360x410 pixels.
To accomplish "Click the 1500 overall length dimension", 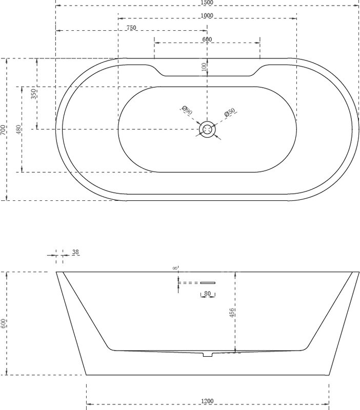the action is (x=207, y=3).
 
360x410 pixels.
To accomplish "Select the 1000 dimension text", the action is (x=207, y=16).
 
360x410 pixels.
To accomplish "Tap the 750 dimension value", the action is (x=131, y=28).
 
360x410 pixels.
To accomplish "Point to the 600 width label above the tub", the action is (x=207, y=39).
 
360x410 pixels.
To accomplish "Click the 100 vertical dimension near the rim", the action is (x=204, y=67).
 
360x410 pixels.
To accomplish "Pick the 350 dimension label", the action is (x=33, y=94).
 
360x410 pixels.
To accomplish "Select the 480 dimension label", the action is (x=18, y=130).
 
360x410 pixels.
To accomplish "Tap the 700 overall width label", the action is (x=3, y=130).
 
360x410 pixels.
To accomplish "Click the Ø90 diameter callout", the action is (x=187, y=110).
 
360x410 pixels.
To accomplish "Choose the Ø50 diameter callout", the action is (x=230, y=112).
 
